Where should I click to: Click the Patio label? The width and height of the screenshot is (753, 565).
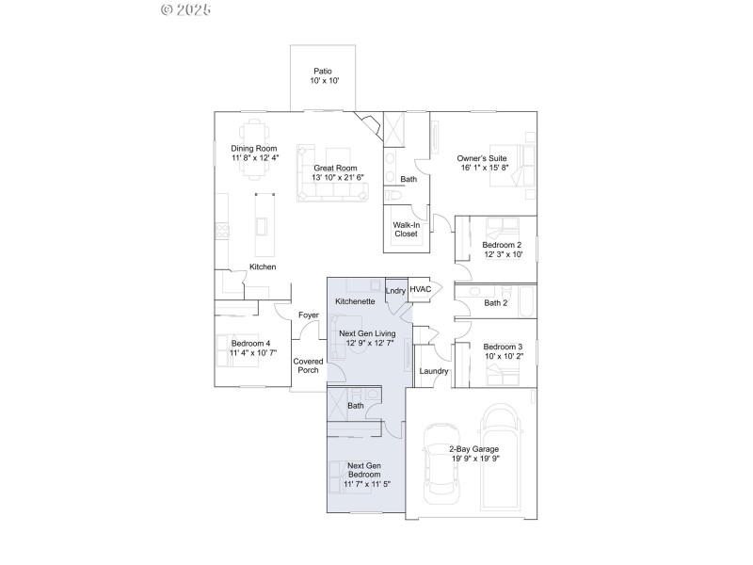[323, 72]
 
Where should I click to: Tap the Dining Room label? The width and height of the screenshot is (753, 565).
[254, 148]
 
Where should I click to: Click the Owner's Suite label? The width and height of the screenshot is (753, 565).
[483, 158]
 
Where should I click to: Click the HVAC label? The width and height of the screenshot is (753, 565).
[420, 289]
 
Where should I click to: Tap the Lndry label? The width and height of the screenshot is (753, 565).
[395, 291]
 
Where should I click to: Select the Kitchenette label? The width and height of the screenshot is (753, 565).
[356, 301]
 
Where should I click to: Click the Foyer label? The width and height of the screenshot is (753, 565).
[308, 315]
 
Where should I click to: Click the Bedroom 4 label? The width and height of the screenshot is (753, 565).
[250, 343]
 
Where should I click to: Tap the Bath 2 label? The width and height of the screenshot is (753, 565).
[496, 302]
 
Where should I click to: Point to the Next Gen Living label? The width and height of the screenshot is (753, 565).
[367, 334]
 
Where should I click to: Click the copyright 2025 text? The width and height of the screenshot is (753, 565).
[186, 9]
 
